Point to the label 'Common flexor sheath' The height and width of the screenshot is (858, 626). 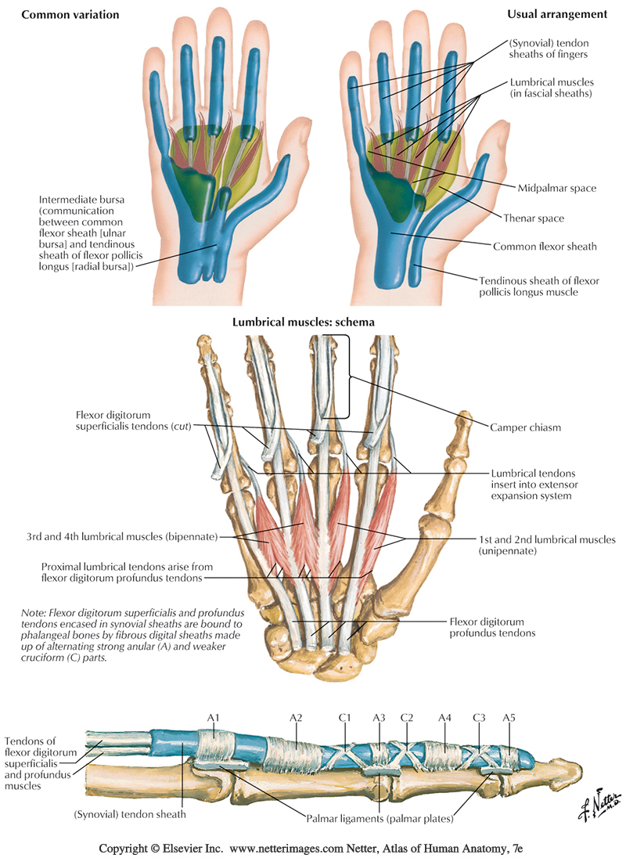(545, 247)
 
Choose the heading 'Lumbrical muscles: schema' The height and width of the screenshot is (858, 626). (303, 323)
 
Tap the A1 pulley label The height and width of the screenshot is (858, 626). (210, 716)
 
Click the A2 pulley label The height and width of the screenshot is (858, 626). (296, 716)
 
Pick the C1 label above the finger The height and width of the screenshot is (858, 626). (345, 716)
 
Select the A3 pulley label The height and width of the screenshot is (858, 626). (379, 716)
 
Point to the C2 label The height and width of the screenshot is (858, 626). (406, 716)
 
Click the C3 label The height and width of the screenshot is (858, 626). (480, 716)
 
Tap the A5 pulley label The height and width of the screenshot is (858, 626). (509, 716)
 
